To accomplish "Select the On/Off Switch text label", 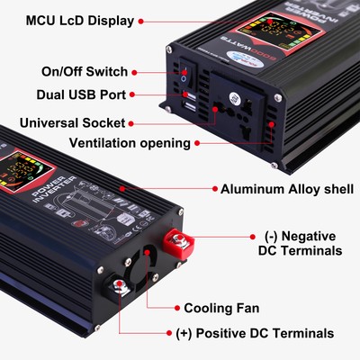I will (x=85, y=71).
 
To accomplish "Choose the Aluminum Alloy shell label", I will (x=283, y=189).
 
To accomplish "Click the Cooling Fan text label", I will (x=221, y=307).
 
